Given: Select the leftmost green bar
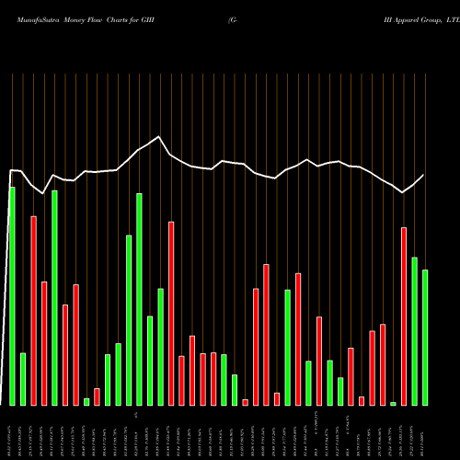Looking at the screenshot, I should click(12, 295).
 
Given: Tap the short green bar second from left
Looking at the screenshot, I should click(23, 378).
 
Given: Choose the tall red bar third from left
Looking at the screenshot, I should click(33, 310).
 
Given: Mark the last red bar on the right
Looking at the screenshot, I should click(404, 316).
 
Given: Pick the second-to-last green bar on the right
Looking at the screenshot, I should click(414, 330).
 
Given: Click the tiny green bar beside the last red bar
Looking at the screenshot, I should click(393, 403).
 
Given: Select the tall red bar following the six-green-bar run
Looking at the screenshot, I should click(171, 313).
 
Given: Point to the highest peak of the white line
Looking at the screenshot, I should click(159, 137).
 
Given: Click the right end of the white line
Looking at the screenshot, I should click(424, 175).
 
